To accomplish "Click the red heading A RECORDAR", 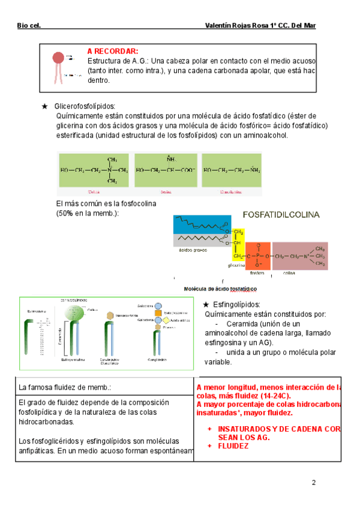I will point(113,52).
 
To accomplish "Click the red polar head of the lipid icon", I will point(58,58).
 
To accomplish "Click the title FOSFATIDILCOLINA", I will point(281,214).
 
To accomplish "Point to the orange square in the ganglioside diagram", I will point(157,313).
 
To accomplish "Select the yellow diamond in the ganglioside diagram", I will point(158,328).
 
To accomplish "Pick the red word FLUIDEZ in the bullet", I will point(233,446).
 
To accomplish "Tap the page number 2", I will point(313,483).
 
